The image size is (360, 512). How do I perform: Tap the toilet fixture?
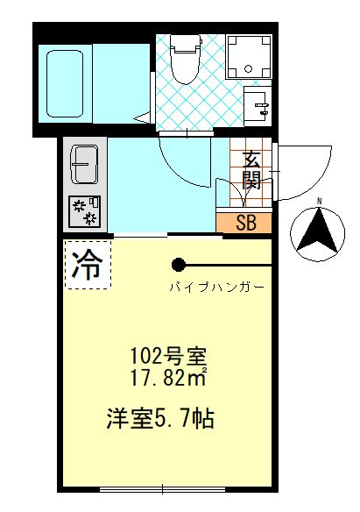coord(184,59)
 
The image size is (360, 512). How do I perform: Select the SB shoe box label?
coord(246,222)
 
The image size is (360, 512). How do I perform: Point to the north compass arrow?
coord(319,230)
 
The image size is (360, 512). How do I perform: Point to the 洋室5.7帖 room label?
coord(162,417)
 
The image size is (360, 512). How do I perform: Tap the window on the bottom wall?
coord(166,486)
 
